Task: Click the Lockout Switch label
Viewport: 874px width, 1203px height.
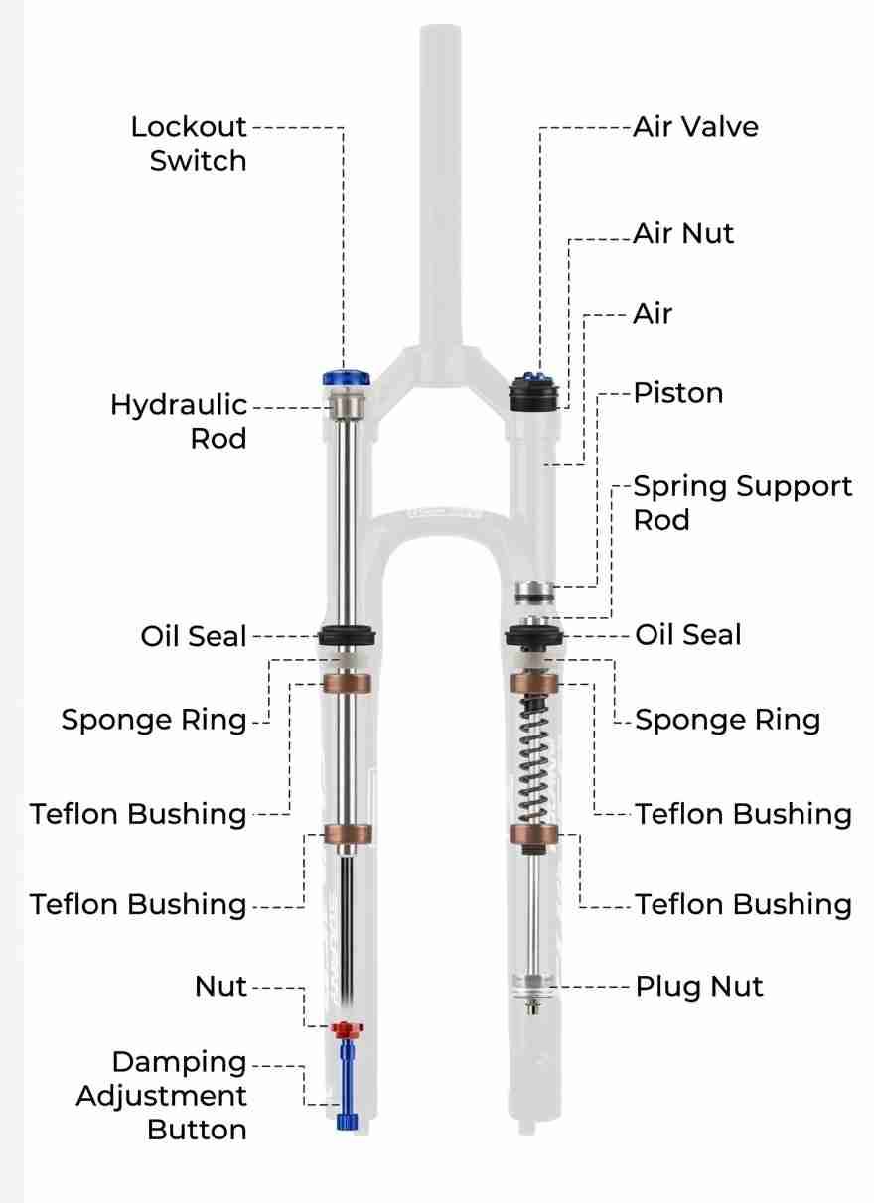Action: pyautogui.click(x=189, y=144)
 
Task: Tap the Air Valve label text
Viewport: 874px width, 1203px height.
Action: pyautogui.click(x=695, y=127)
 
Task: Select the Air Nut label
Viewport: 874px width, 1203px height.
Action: pyautogui.click(x=683, y=234)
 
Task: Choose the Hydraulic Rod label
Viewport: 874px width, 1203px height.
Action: pyautogui.click(x=179, y=421)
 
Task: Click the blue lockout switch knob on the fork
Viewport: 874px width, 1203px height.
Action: pyautogui.click(x=346, y=379)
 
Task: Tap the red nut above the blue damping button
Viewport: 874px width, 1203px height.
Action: pyautogui.click(x=346, y=1028)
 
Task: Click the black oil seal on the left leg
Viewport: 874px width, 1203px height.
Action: pyautogui.click(x=347, y=636)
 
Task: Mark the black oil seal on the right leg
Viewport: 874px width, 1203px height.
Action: pyautogui.click(x=534, y=636)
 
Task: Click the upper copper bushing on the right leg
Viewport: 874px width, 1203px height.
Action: pyautogui.click(x=534, y=683)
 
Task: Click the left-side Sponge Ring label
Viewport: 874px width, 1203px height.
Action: pyautogui.click(x=154, y=720)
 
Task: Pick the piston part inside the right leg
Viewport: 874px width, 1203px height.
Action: pyautogui.click(x=534, y=593)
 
